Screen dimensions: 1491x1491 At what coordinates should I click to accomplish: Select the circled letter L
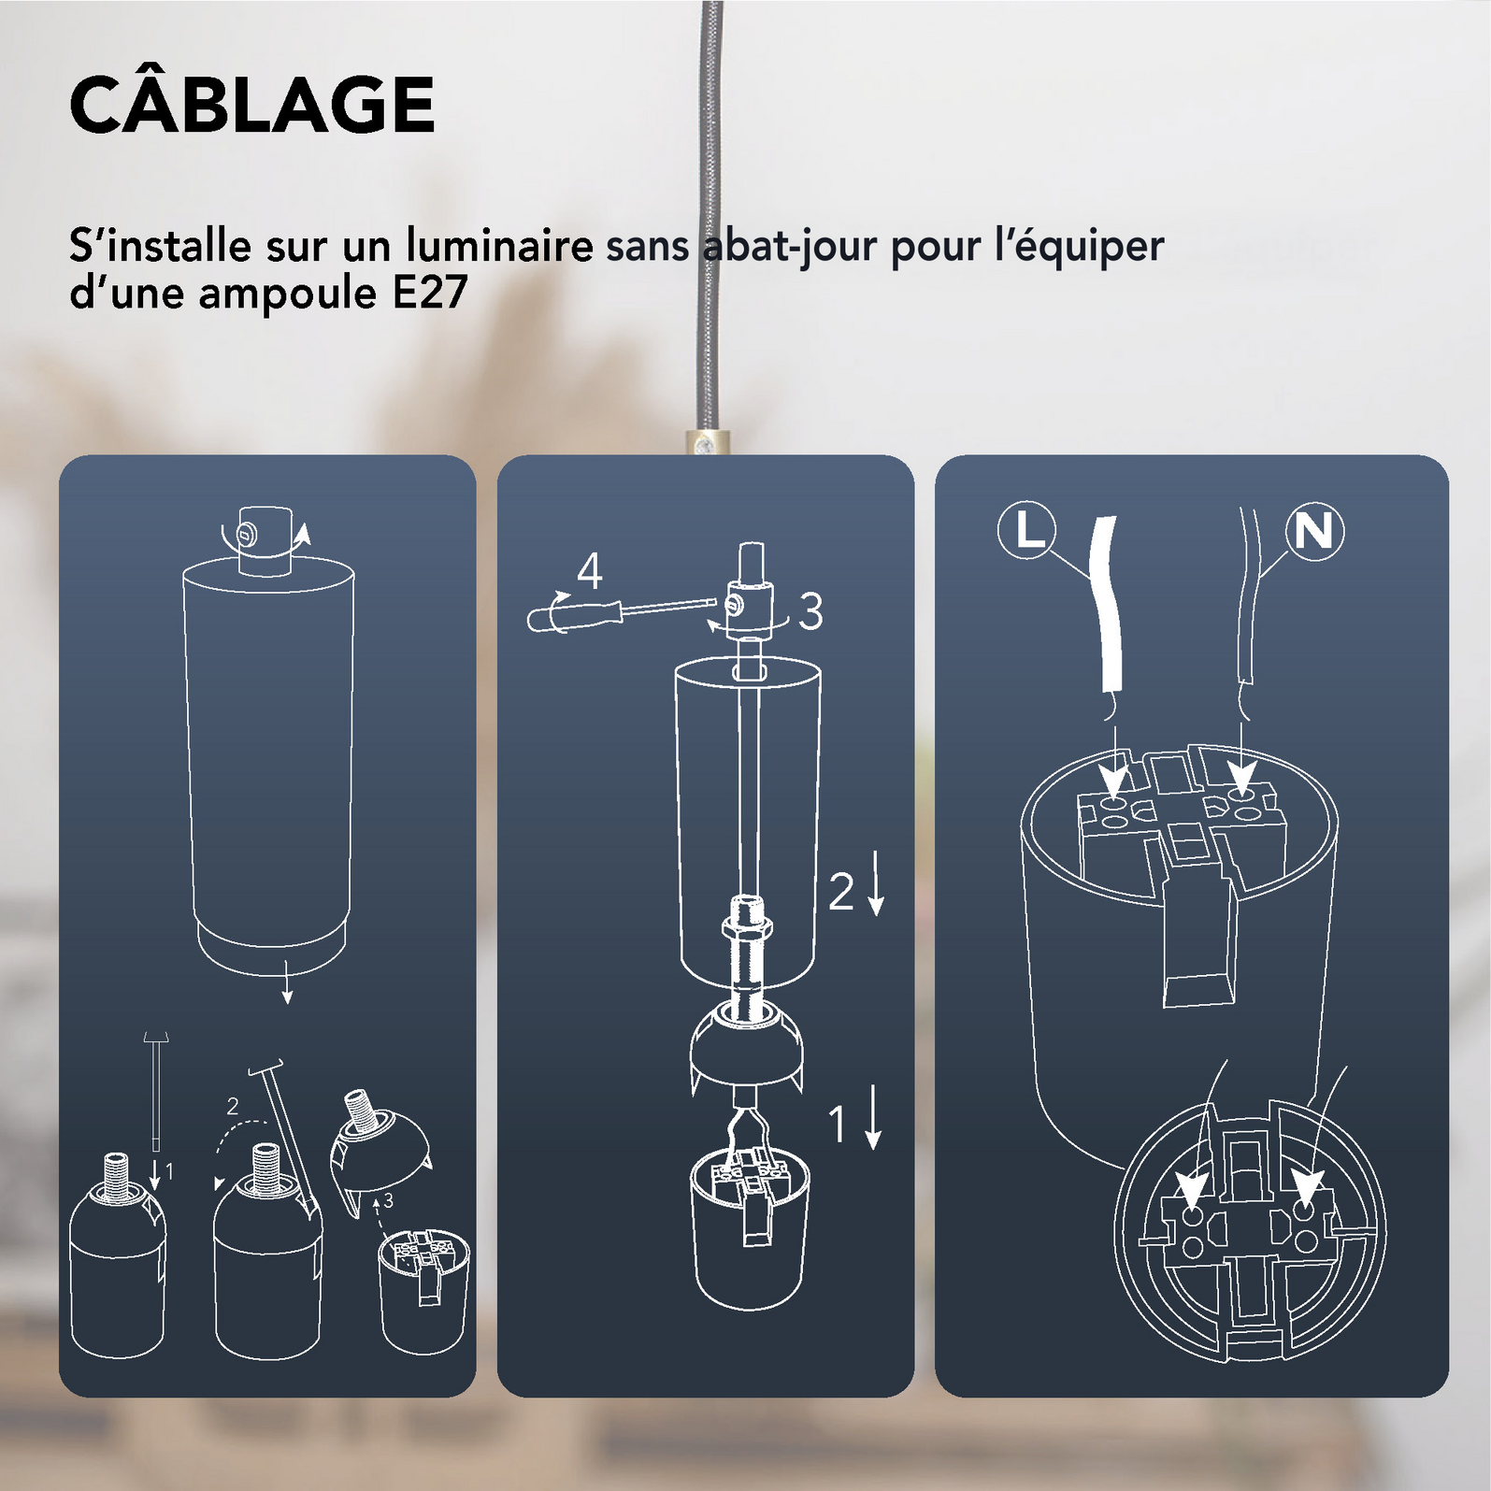click(x=1027, y=531)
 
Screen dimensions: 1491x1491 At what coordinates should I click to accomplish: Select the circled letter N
click(x=1314, y=531)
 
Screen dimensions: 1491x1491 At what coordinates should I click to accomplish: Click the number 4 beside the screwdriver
click(x=589, y=571)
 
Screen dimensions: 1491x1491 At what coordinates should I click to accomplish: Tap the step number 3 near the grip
click(x=810, y=612)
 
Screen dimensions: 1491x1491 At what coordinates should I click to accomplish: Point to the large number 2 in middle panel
click(x=841, y=891)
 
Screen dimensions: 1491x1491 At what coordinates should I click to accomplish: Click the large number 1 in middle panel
click(x=838, y=1124)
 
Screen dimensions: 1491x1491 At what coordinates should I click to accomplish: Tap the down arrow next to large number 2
click(x=876, y=885)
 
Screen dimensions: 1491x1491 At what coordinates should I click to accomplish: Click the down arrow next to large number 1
click(x=873, y=1118)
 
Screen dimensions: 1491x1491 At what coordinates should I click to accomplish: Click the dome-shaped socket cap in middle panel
click(x=745, y=1047)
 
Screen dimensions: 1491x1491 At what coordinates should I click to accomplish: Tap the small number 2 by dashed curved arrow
click(x=233, y=1107)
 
